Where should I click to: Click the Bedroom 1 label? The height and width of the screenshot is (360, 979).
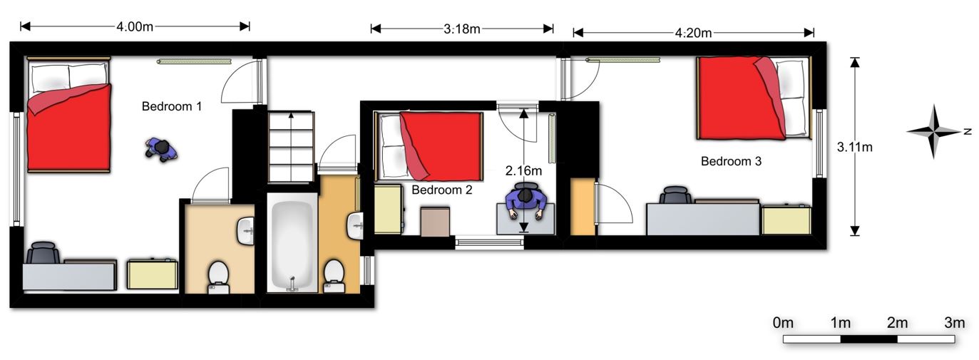[x=172, y=106]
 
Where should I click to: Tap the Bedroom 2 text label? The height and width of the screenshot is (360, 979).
[x=442, y=190]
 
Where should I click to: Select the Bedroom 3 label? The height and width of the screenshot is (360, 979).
[x=731, y=161]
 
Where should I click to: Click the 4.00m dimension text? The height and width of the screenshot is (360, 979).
[x=135, y=26]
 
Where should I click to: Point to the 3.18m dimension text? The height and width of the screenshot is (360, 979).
[x=462, y=29]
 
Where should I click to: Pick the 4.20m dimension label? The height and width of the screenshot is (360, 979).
[x=693, y=33]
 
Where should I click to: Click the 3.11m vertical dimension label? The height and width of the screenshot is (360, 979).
[x=854, y=148]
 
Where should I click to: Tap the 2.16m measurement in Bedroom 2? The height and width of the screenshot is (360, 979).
[x=523, y=171]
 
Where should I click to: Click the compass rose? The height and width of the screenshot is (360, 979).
[x=934, y=131]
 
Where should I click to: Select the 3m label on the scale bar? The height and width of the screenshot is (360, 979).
[x=955, y=323]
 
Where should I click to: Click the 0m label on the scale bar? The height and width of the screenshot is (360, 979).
[x=783, y=323]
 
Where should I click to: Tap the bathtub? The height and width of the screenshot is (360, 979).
[x=292, y=242]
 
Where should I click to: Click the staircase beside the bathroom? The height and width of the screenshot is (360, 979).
[x=291, y=146]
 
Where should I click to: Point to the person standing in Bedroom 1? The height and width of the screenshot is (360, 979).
[x=161, y=150]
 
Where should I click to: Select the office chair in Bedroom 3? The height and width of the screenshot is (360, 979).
[x=675, y=195]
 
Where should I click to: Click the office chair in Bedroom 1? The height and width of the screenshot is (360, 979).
[x=43, y=252]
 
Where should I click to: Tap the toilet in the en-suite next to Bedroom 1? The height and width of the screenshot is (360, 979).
[x=218, y=277]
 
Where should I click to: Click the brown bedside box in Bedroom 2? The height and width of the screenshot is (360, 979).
[x=435, y=222]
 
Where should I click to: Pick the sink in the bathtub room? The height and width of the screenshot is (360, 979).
[x=355, y=226]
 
